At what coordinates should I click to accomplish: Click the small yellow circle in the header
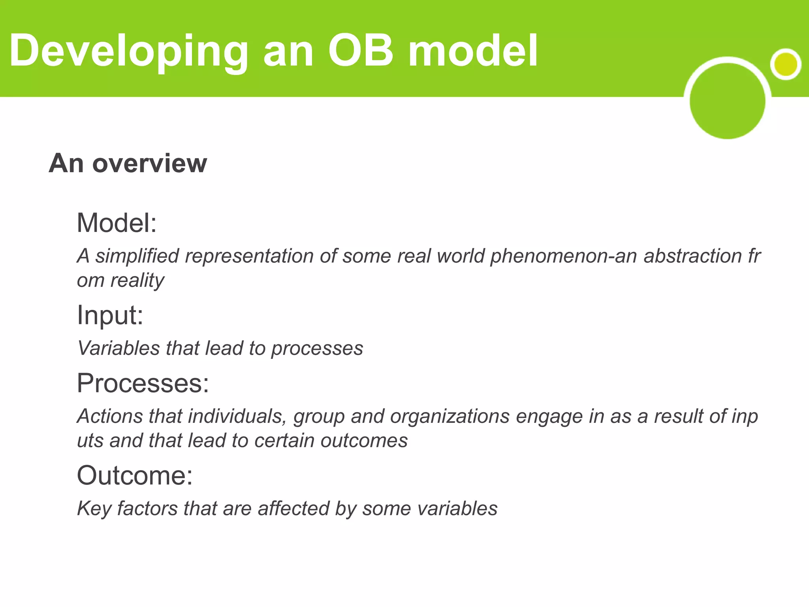[x=785, y=64]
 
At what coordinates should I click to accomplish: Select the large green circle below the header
[x=727, y=101]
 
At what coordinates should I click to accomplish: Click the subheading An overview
[x=128, y=163]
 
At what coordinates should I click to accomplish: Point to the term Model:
[x=117, y=223]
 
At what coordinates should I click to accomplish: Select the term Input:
[x=110, y=315]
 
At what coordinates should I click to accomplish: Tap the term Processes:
[x=143, y=383]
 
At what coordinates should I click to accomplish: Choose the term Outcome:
[x=135, y=475]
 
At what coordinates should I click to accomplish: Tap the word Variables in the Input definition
[x=119, y=348]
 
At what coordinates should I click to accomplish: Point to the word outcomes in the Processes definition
[x=364, y=441]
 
